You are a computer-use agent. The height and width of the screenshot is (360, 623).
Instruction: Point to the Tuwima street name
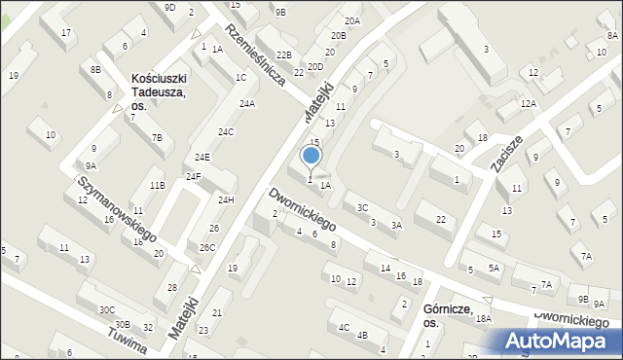point(128,342)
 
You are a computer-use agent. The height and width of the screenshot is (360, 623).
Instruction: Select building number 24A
point(247,104)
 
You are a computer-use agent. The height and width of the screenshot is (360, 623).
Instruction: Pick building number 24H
point(226,199)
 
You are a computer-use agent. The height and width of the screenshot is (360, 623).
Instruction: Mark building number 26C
point(207,248)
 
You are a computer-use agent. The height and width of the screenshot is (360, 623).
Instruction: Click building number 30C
point(106,310)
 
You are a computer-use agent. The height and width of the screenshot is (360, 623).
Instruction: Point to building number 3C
point(362,207)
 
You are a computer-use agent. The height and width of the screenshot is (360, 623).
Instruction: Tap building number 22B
point(283,55)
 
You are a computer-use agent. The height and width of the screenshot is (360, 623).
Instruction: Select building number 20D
point(315,67)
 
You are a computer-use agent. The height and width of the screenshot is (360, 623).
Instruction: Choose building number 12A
point(528,103)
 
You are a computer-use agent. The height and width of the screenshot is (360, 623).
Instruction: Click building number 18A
point(484,319)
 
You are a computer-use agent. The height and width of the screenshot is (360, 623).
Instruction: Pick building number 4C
point(344,327)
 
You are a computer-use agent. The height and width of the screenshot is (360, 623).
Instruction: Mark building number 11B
point(157,185)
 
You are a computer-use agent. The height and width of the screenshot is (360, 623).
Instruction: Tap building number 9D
point(169,8)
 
